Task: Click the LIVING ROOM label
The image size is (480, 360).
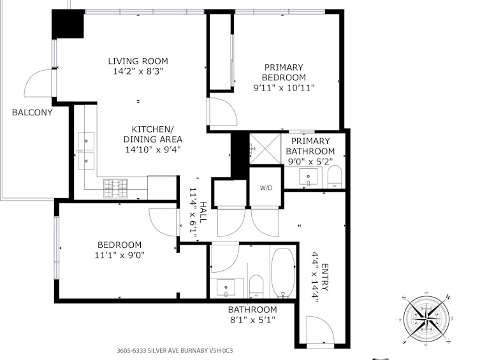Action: coord(138,61)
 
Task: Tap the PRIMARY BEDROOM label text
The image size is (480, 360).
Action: coord(284,72)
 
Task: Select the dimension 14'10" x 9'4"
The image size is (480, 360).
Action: coord(153,150)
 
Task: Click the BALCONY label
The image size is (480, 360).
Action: coord(32,112)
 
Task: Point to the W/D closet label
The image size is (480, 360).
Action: coord(266,188)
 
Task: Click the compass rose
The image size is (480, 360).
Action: coord(426,319)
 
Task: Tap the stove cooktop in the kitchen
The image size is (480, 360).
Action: coord(116,188)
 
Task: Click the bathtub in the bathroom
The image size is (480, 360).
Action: coord(283,273)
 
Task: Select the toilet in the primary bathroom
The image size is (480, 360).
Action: coord(334,176)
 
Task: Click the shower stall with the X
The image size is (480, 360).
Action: coord(265,148)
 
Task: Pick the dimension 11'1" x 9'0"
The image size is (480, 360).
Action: coord(119,255)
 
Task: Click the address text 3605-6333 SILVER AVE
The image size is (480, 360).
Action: coord(156,350)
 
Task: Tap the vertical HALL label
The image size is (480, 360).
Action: coord(203,212)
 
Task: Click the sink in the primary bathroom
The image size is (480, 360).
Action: coord(309,176)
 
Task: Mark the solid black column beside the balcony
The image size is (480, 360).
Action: coord(68,24)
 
